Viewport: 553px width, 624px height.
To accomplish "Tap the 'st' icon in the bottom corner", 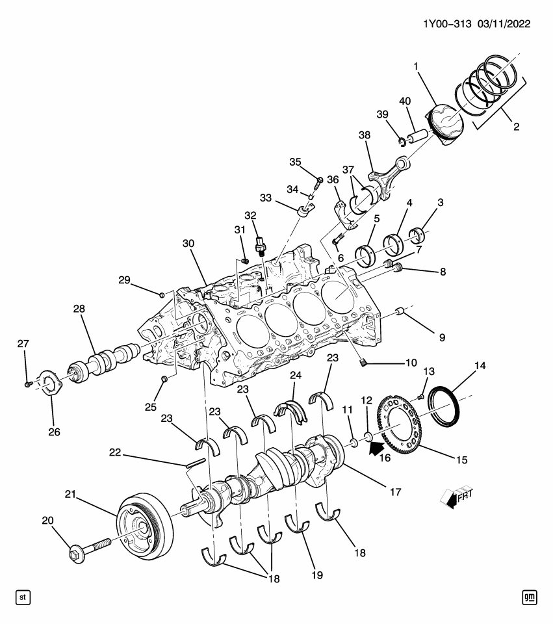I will [x=23, y=597].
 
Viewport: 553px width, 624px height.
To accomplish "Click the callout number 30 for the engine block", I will [x=188, y=243].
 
